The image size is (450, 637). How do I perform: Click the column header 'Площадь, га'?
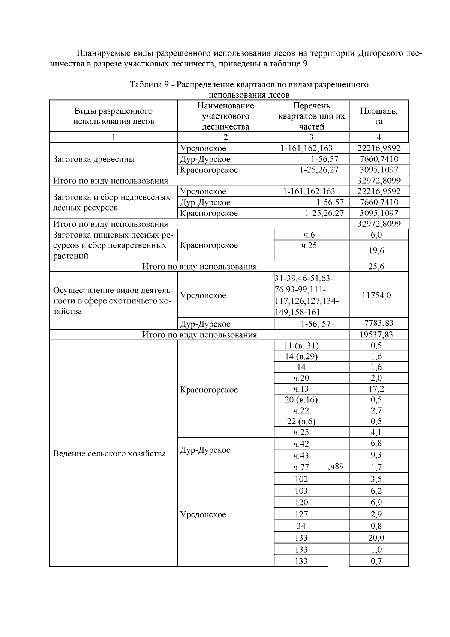[x=379, y=116]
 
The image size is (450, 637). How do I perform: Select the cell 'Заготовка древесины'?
[x=94, y=159]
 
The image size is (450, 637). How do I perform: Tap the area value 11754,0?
[x=376, y=295]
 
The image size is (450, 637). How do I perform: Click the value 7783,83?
[x=379, y=323]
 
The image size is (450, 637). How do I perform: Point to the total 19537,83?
[x=378, y=334]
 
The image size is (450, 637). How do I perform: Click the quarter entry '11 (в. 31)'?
[x=302, y=346]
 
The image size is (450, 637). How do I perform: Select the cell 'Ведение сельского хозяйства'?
[x=109, y=453]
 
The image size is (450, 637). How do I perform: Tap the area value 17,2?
[x=376, y=389]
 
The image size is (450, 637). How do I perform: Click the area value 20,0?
[x=376, y=538]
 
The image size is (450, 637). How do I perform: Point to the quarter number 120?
[x=301, y=503]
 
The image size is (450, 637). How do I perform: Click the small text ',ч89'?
[x=336, y=467]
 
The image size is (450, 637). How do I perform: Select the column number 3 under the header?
[x=311, y=137]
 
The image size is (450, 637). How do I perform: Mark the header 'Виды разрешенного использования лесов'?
[x=114, y=116]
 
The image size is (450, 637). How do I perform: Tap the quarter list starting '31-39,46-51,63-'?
[x=304, y=279]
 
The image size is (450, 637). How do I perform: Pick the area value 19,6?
[x=376, y=251]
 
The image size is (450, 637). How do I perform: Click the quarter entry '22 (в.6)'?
[x=301, y=421]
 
